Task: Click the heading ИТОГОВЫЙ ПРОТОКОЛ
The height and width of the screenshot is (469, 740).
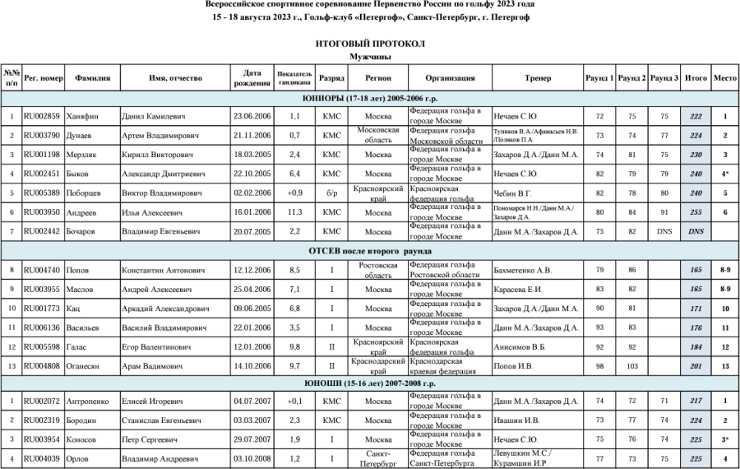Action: (369, 43)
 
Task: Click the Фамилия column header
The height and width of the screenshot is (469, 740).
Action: (93, 78)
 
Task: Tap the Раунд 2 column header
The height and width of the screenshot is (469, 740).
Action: (631, 78)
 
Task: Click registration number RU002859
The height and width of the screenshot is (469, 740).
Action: (42, 117)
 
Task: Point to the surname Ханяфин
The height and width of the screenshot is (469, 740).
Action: (83, 117)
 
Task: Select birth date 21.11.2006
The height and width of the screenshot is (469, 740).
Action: (252, 135)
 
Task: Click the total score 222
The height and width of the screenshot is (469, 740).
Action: (696, 117)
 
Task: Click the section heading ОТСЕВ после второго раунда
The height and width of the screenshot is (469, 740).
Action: (369, 250)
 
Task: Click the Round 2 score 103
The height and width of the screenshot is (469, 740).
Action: (631, 365)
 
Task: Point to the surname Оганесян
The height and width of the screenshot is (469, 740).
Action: (88, 365)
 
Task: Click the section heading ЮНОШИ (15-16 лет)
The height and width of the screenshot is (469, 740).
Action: (369, 383)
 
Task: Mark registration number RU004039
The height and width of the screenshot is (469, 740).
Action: (42, 457)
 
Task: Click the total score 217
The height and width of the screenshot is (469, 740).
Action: (696, 402)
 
